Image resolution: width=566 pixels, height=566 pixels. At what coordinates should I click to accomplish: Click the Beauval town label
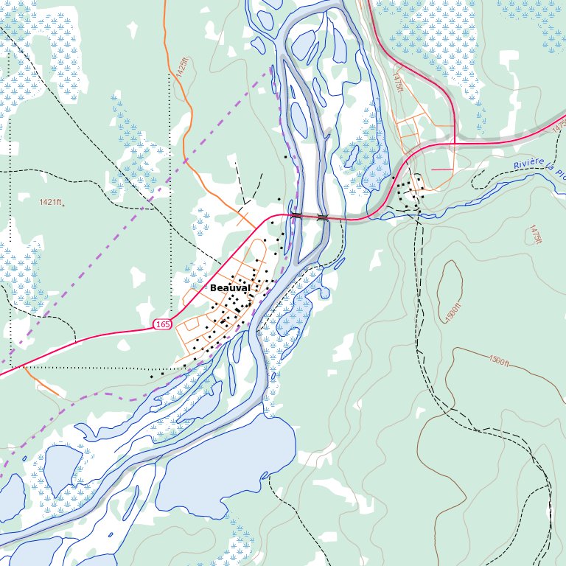(229, 287)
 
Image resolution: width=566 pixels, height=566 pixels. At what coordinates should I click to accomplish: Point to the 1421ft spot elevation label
(52, 202)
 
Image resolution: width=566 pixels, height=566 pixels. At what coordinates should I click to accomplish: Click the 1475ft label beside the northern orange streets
(399, 81)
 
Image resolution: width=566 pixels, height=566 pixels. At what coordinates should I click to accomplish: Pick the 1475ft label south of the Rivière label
(534, 235)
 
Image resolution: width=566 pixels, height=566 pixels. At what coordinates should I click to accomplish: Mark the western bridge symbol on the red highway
(296, 215)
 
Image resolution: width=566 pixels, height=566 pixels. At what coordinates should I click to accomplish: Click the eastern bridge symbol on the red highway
(322, 217)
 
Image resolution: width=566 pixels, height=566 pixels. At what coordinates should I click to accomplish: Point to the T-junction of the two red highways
(455, 142)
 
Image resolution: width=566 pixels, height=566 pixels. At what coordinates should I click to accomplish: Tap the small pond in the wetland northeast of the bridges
(350, 156)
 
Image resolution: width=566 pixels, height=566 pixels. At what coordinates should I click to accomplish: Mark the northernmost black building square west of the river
(286, 156)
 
